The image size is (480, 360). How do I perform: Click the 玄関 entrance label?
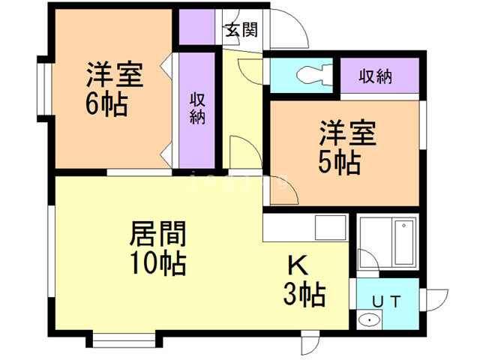pyautogui.click(x=241, y=30)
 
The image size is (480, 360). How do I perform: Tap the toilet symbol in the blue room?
pyautogui.click(x=314, y=74)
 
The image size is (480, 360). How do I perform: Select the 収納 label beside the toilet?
pyautogui.click(x=375, y=76)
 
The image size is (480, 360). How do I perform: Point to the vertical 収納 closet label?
pyautogui.click(x=197, y=108)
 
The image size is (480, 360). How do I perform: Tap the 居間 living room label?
pyautogui.click(x=157, y=233)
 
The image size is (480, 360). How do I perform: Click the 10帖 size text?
pyautogui.click(x=158, y=262)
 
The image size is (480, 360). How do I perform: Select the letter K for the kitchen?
pyautogui.click(x=298, y=265)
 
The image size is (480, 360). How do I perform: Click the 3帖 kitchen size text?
pyautogui.click(x=304, y=294)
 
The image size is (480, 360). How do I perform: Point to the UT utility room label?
pyautogui.click(x=386, y=301)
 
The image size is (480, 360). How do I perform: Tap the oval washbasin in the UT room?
pyautogui.click(x=370, y=320)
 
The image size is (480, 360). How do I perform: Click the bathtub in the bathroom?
pyautogui.click(x=405, y=241)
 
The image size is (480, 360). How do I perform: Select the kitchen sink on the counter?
pyautogui.click(x=331, y=227)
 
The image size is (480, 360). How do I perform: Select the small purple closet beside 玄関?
pyautogui.click(x=196, y=27)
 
